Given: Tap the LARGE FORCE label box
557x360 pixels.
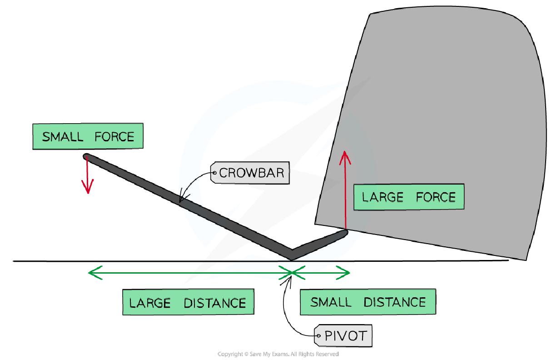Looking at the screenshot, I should click(408, 197).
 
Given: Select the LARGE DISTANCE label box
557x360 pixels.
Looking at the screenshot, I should click(188, 302).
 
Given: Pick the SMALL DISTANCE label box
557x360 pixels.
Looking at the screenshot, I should click(368, 302).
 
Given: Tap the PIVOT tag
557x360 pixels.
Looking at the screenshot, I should click(344, 337).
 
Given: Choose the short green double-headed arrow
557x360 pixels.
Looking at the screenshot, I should click(321, 273).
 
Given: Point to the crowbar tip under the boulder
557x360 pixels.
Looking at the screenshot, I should click(344, 234).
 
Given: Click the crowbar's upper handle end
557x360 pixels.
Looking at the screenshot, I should click(87, 157).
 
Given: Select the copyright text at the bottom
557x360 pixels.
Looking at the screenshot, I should click(278, 354).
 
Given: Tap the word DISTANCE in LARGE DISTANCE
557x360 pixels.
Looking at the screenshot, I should click(214, 302).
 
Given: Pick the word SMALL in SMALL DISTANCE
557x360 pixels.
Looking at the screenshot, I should click(331, 302).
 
